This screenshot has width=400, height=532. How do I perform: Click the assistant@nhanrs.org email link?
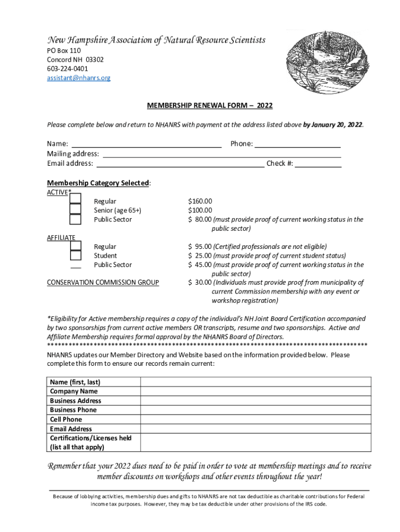point(78,78)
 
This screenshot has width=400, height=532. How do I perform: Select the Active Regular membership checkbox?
point(75,198)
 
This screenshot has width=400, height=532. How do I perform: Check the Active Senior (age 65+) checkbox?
point(75,209)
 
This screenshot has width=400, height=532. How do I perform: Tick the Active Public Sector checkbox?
point(75,219)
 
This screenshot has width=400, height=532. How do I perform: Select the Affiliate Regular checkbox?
point(75,246)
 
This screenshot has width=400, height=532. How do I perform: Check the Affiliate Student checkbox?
point(75,255)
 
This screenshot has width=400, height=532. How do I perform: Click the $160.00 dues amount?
point(200,201)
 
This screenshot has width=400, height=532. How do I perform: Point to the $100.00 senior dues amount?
point(200,210)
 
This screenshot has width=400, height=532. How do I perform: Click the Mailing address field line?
point(222,154)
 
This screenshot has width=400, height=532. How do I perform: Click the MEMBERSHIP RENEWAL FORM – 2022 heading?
point(209,105)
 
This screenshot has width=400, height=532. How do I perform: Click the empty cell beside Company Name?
point(256,391)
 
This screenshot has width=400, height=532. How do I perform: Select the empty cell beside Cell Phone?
point(256,419)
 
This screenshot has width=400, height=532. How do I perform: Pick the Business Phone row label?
point(73,410)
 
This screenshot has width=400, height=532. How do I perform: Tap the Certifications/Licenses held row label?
point(90,438)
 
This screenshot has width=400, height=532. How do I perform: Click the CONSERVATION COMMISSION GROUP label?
point(103,283)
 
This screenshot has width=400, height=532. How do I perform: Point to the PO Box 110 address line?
point(63,51)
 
